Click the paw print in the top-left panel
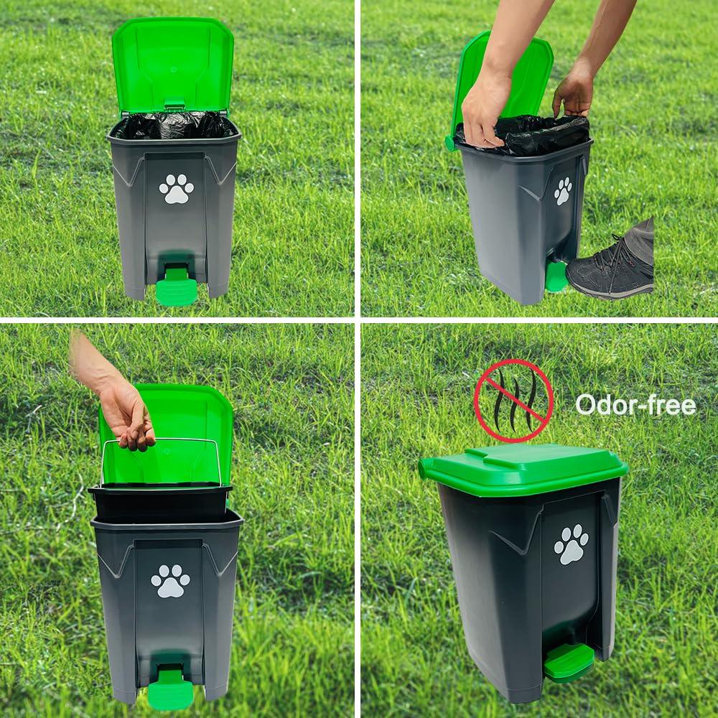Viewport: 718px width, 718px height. (176, 189)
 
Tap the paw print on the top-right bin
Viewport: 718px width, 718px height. (563, 191)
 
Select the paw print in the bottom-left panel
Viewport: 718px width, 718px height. (170, 581)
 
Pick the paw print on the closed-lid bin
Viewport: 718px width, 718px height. (571, 544)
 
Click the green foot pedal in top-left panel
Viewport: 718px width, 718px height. (175, 288)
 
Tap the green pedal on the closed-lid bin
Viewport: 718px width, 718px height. (569, 661)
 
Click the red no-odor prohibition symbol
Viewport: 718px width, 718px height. (513, 401)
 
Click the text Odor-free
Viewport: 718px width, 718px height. (635, 405)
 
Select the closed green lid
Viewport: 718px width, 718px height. (523, 468)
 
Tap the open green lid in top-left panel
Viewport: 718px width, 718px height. (173, 65)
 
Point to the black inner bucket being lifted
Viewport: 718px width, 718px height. (159, 503)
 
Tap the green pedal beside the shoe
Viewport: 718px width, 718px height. (556, 276)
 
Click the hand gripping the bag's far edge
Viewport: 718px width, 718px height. (574, 90)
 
